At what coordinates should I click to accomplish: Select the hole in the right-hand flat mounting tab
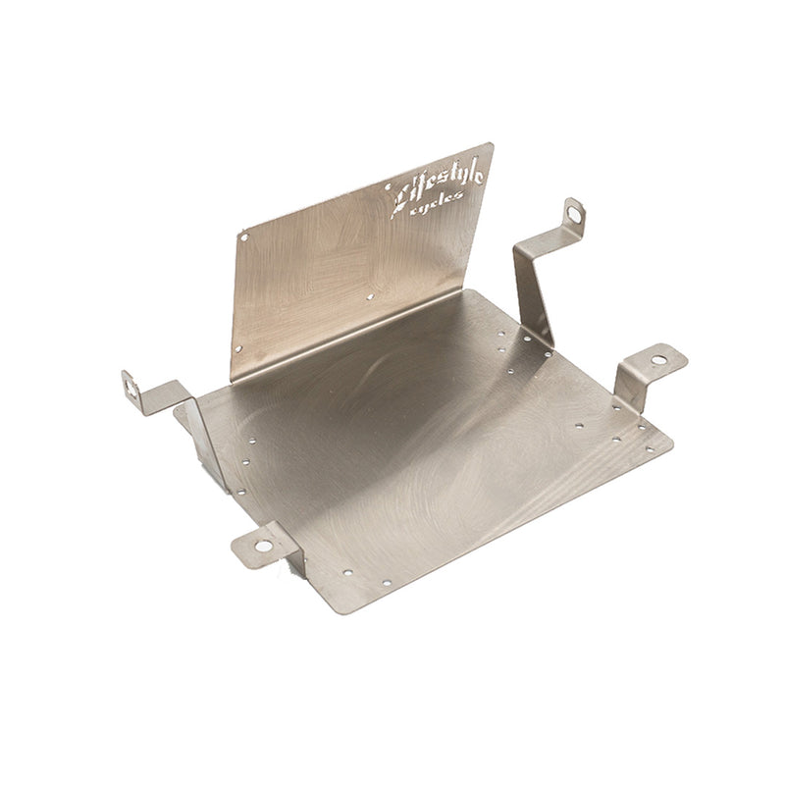pos(658,360)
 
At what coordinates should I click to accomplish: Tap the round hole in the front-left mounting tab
pos(263,545)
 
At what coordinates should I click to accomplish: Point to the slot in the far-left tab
pos(131,388)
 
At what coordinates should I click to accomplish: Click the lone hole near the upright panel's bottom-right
pos(370,295)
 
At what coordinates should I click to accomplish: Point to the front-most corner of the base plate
pos(340,611)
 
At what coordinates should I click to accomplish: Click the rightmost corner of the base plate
pos(672,442)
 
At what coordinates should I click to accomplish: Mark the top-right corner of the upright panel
pos(493,144)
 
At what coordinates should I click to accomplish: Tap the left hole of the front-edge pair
pos(348,571)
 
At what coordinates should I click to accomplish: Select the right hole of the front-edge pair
pos(386,582)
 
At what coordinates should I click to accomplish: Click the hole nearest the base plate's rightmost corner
pos(649,449)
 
